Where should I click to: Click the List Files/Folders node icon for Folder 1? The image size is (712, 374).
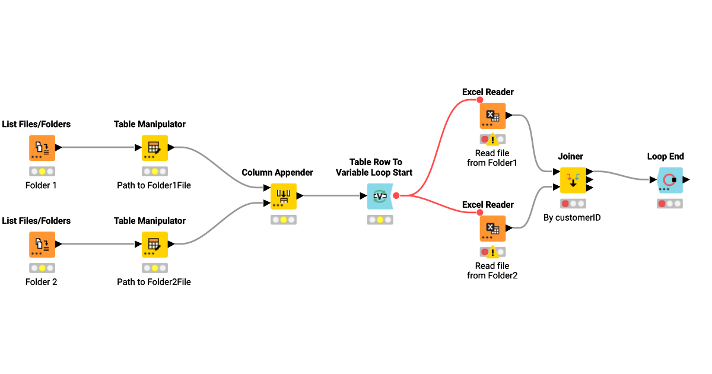point(42,148)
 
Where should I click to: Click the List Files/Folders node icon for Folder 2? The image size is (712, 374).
point(42,244)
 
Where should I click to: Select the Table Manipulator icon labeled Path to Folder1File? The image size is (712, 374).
point(154,148)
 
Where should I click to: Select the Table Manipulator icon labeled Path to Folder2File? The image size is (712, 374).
point(154,244)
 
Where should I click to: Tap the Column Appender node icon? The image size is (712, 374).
point(283,196)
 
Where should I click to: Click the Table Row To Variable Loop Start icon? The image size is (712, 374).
point(380,196)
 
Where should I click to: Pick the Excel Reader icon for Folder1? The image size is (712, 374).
point(492,116)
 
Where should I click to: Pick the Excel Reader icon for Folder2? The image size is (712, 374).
point(492,229)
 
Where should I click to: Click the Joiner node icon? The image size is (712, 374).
point(573,180)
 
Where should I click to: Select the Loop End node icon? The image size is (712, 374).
point(670,180)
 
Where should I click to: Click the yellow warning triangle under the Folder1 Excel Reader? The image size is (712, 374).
point(492,140)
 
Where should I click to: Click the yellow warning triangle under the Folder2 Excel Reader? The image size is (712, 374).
point(492,252)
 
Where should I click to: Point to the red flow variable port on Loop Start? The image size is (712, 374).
point(396,195)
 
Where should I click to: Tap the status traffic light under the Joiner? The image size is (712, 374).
point(573,204)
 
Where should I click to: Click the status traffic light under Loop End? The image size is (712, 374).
point(670,204)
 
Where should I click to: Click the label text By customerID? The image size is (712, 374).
point(572,218)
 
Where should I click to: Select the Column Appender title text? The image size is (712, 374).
point(277,173)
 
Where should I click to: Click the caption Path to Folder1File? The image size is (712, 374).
point(154,185)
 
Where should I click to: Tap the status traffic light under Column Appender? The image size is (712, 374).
point(283,220)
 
